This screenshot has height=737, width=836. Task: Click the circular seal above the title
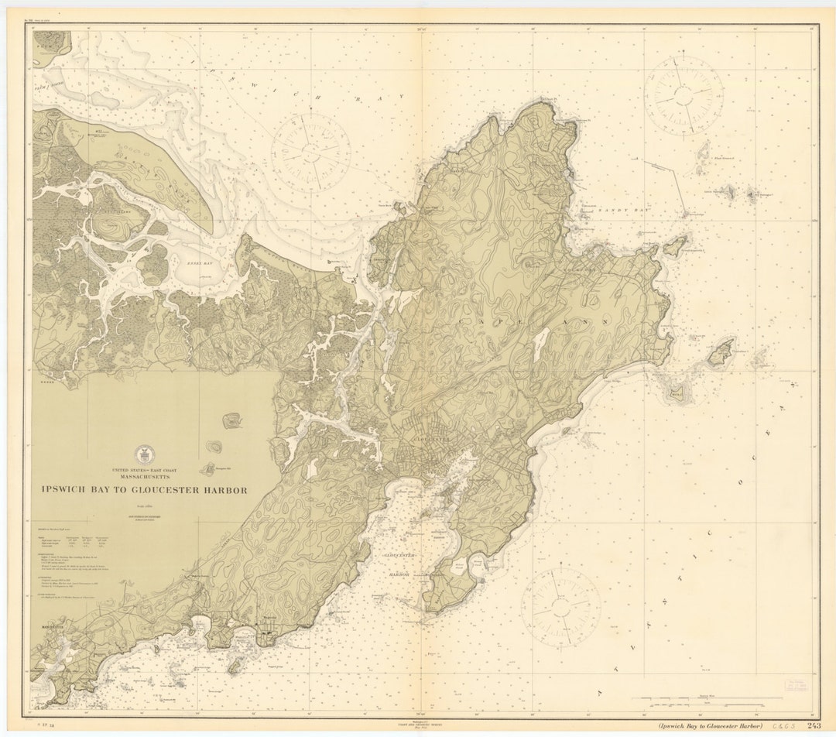(145, 454)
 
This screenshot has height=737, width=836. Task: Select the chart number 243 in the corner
(814, 725)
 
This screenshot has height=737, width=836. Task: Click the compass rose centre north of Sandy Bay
(684, 95)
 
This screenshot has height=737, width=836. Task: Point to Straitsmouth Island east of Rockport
(675, 245)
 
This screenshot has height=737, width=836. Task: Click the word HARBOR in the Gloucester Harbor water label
(399, 575)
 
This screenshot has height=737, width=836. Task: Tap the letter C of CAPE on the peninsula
(462, 320)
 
